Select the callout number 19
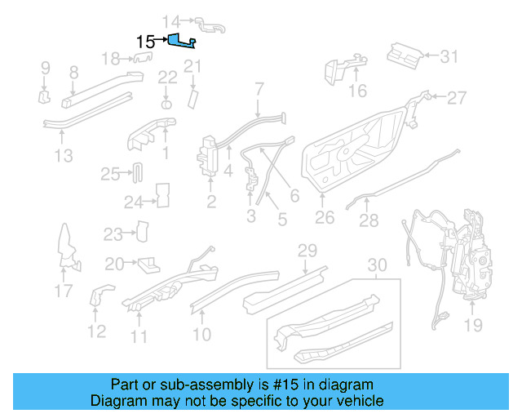[x=474, y=325]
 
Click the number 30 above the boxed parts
[x=376, y=265]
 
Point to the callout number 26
[x=325, y=218]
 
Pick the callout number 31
[x=450, y=57]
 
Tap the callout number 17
[x=64, y=290]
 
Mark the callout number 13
[x=64, y=155]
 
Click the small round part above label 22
[x=166, y=105]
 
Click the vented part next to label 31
[x=403, y=55]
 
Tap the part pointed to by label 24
[x=161, y=196]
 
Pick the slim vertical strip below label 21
[x=193, y=97]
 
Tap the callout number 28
[x=369, y=220]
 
